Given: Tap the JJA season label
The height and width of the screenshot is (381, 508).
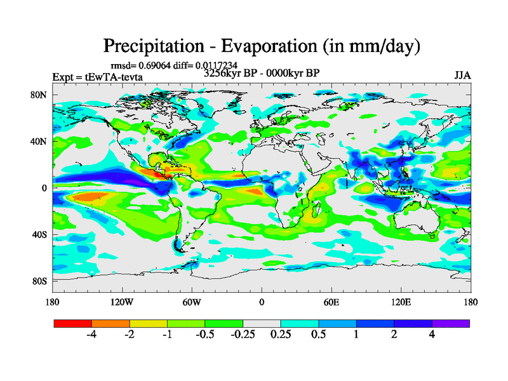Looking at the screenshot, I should (462, 76).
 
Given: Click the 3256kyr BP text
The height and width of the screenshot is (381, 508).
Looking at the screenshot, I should (232, 73).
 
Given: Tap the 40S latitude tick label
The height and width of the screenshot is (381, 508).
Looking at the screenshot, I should (39, 234).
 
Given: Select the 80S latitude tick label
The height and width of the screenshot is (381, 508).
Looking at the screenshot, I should (39, 281).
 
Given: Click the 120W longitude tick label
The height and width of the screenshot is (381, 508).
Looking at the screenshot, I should (122, 302).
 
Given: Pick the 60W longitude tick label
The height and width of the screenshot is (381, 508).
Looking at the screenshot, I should (192, 302).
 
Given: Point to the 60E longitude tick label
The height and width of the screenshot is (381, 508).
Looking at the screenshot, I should (331, 302).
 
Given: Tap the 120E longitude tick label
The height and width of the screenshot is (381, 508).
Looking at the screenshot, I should (401, 302).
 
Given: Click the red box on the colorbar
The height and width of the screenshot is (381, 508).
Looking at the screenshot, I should (73, 323).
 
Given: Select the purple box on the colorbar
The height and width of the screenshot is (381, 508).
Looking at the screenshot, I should (451, 323).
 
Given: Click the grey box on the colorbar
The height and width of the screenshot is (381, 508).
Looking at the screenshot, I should (262, 323).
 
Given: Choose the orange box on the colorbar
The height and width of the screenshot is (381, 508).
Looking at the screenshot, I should (110, 323).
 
